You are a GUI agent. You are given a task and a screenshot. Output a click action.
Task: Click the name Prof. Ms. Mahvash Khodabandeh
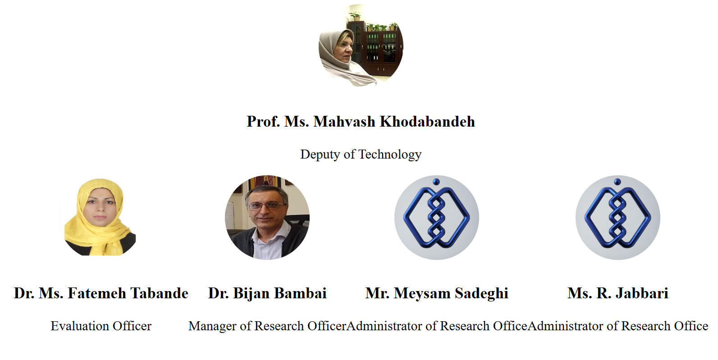tap(361, 122)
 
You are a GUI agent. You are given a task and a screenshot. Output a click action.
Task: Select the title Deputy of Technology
tap(361, 155)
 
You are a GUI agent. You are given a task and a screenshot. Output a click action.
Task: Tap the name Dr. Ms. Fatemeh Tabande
tap(101, 293)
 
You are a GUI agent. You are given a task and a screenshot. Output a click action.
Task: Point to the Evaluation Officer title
tap(101, 326)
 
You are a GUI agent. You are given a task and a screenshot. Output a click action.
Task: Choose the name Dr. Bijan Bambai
tap(267, 293)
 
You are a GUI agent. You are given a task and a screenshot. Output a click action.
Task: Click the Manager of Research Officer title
tap(267, 326)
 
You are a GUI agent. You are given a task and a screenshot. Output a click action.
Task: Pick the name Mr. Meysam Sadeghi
tap(437, 293)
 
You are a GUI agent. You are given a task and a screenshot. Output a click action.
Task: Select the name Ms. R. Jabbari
tap(618, 293)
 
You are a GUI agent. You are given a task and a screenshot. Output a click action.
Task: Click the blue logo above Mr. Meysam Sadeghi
tap(437, 218)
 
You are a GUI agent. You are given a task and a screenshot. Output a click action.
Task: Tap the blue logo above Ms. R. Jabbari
tap(618, 218)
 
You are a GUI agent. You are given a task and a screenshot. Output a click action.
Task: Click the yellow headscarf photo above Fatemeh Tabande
tap(100, 218)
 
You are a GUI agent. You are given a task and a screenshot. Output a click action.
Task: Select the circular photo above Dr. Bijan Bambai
tap(267, 218)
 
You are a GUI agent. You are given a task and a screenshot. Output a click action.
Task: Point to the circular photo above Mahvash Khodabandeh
tap(361, 46)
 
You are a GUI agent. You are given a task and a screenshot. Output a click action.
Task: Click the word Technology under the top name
tap(390, 155)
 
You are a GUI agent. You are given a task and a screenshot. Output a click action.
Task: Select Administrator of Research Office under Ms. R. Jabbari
tap(617, 326)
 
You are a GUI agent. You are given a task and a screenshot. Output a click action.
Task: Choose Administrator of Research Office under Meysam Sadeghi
tap(437, 326)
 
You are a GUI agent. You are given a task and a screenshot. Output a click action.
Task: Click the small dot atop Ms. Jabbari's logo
tap(617, 182)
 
